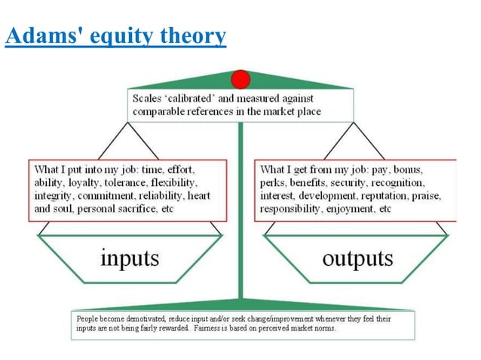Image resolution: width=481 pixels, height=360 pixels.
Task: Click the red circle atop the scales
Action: (x=240, y=78)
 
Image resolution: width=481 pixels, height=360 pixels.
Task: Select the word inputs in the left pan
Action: (x=130, y=258)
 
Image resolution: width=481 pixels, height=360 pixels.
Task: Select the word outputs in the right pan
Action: (x=357, y=258)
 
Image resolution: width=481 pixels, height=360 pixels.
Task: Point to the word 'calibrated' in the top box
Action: (x=198, y=99)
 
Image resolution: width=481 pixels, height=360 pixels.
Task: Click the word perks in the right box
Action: (x=271, y=182)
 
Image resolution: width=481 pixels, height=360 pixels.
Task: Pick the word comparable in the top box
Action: (x=158, y=111)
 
